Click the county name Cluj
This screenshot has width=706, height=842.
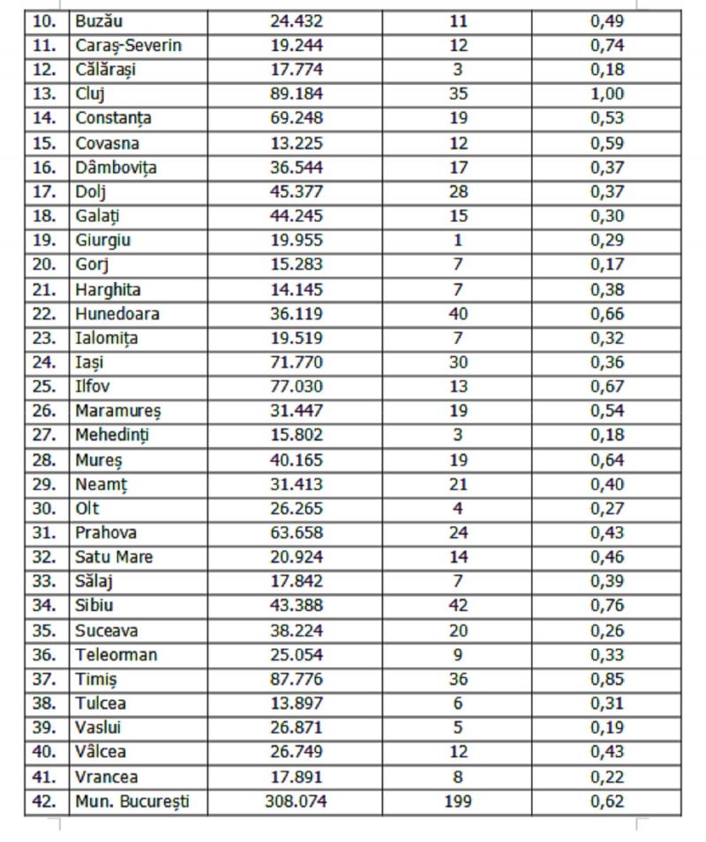coord(90,93)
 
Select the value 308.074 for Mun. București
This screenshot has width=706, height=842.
coord(297,801)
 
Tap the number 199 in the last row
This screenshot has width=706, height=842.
coord(458,801)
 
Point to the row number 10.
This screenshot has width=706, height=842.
coord(46,20)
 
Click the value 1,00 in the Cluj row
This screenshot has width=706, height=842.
coord(607,93)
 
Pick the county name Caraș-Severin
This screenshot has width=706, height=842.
coord(129,45)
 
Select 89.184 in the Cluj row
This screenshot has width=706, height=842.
coord(297,93)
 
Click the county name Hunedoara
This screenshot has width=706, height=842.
coord(117,314)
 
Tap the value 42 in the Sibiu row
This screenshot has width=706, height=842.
coord(458,606)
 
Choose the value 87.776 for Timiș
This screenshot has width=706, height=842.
coord(297,680)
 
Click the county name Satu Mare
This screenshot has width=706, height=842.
coord(114,557)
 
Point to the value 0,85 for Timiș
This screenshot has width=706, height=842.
coord(607,680)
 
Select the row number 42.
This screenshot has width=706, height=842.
coord(46,801)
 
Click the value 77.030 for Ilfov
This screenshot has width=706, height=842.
coord(297,386)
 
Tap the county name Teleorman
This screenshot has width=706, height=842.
coord(116,655)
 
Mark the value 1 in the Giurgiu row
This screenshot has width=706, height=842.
coord(458,240)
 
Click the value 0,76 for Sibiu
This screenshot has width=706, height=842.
coord(607,606)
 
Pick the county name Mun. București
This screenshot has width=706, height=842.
coord(132,801)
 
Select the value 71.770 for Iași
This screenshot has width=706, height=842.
coord(297,362)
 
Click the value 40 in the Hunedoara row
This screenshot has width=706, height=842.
coord(458,314)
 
